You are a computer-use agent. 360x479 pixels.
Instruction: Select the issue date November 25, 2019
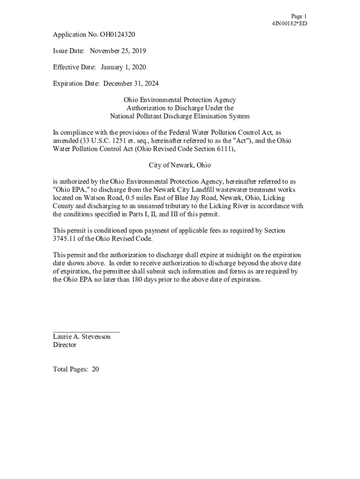tap(118, 51)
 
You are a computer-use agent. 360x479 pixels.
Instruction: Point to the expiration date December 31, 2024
tap(131, 84)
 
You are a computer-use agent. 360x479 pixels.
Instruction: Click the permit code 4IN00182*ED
tap(289, 24)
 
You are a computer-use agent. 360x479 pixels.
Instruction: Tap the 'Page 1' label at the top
tap(299, 16)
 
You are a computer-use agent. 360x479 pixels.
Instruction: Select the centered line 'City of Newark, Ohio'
tap(180, 165)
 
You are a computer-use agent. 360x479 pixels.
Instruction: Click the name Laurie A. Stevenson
tap(82, 337)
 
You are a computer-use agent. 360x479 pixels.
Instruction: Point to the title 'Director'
tap(65, 345)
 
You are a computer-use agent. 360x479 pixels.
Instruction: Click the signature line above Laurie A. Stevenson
tap(86, 331)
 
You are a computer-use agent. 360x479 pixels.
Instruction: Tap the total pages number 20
tap(95, 370)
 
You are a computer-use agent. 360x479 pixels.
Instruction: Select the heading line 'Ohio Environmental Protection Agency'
tap(180, 100)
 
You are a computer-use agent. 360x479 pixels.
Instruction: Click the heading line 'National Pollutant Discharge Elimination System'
tap(180, 116)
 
